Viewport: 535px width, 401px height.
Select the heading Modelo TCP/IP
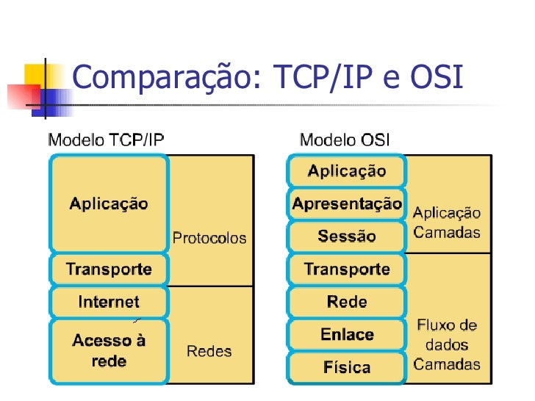tap(106, 140)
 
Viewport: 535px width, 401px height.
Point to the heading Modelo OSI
tap(345, 140)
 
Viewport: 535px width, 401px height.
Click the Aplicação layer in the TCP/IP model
tap(109, 203)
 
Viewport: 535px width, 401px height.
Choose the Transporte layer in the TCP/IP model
tap(109, 269)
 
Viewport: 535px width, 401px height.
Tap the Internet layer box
tap(109, 301)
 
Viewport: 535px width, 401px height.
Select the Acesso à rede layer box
tap(109, 350)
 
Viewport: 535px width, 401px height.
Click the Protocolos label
tap(209, 238)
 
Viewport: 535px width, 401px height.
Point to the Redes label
tap(209, 351)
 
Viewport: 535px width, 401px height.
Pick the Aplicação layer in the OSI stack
tap(347, 171)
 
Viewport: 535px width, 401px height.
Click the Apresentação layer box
tap(347, 203)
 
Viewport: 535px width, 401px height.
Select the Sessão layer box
tap(347, 236)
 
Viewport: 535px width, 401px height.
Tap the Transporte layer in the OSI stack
tap(347, 269)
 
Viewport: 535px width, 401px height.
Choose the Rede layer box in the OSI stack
tap(347, 301)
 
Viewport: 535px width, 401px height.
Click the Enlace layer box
tap(347, 334)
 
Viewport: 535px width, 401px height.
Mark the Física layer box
tap(347, 367)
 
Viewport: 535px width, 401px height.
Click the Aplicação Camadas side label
tap(447, 223)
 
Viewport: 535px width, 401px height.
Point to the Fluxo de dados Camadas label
tap(447, 344)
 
